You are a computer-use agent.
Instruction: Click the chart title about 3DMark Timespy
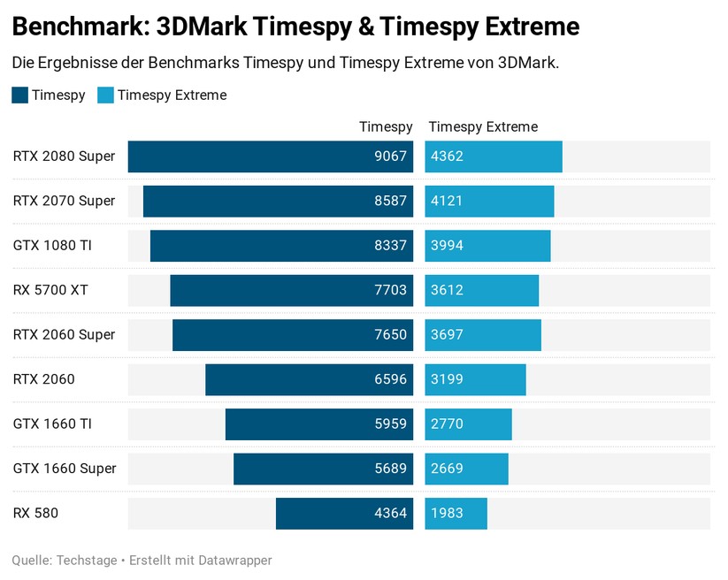295,27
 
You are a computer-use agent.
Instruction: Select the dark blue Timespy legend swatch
19,95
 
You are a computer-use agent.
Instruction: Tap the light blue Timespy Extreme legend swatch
105,95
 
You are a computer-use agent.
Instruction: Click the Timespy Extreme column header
482,127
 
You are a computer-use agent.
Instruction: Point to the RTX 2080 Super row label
64,156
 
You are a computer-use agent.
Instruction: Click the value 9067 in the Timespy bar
390,156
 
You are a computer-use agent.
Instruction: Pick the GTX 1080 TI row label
52,246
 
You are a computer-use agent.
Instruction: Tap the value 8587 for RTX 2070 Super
390,201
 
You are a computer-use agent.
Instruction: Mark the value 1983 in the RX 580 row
447,514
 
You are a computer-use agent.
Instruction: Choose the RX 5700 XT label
50,290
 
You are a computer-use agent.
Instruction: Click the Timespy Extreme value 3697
447,335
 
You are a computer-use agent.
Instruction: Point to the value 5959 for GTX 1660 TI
390,424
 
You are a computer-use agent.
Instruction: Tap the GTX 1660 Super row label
65,469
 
